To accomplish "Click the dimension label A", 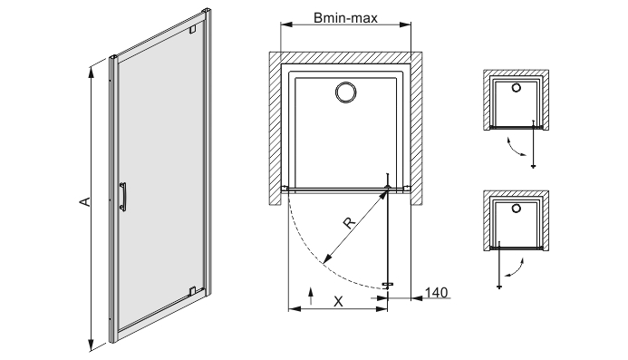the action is [x=85, y=201].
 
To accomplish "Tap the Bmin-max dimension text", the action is [x=345, y=18].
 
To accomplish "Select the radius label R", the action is [x=349, y=223].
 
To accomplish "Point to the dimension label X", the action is [x=338, y=301].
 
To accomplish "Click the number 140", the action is [x=436, y=293].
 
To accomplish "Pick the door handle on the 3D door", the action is [x=123, y=197].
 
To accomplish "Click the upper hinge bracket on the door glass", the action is [x=193, y=29].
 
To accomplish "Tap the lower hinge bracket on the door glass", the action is [x=192, y=290].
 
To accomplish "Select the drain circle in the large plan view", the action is [x=345, y=92].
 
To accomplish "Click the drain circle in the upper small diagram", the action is [x=517, y=88].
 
